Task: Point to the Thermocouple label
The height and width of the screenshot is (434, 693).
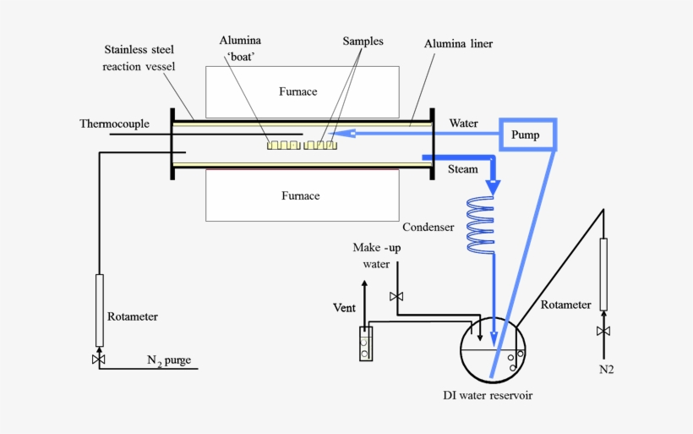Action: click(114, 124)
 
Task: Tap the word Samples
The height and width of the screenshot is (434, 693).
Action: click(363, 41)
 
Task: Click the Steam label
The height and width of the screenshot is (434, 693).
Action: click(462, 169)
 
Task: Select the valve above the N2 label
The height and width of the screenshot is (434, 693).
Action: click(603, 331)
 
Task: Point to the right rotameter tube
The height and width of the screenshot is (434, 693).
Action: click(603, 274)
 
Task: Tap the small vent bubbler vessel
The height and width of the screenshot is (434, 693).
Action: click(364, 343)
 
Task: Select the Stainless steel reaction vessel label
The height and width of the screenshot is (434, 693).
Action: click(139, 58)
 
